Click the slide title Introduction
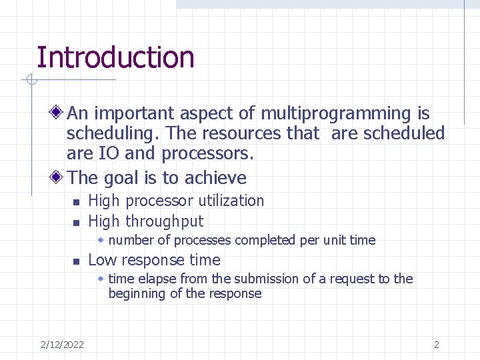(115, 57)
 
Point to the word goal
(121, 178)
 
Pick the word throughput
(164, 221)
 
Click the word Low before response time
(103, 260)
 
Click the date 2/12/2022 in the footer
(62, 345)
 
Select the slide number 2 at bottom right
(437, 345)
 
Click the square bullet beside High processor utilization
(76, 202)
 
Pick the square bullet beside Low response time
(76, 261)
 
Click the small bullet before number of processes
(101, 240)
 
